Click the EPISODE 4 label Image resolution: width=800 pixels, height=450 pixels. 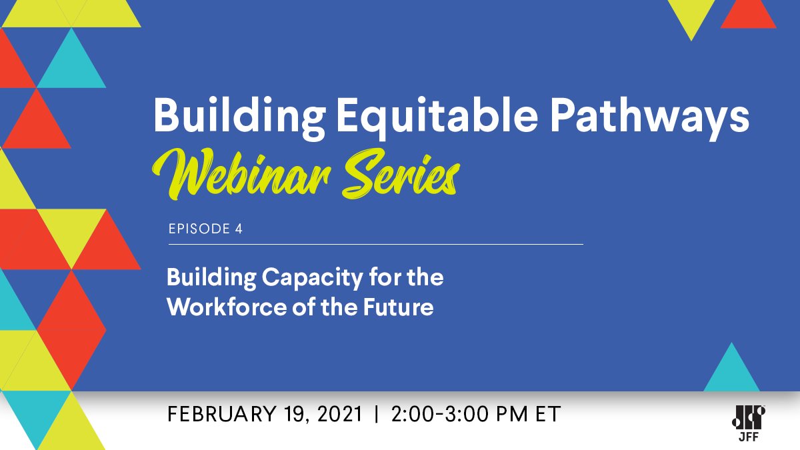[x=205, y=229]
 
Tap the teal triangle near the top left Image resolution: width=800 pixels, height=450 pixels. [x=71, y=63]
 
